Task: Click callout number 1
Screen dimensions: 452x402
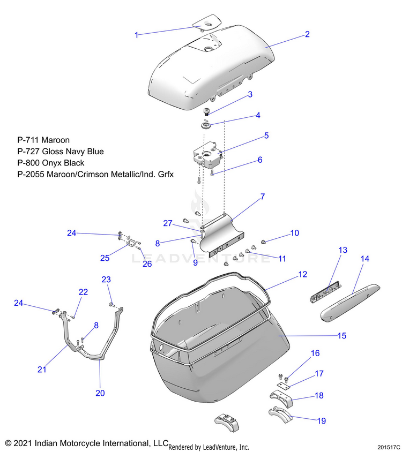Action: (137, 35)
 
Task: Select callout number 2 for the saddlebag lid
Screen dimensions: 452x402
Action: (307, 34)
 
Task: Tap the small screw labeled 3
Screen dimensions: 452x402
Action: (206, 112)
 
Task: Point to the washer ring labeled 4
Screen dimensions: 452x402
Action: (206, 126)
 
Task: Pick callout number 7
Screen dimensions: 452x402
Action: (263, 197)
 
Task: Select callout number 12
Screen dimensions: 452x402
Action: (303, 274)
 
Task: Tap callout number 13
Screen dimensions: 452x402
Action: (343, 250)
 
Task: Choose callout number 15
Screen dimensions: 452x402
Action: (341, 336)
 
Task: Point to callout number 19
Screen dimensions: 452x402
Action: (322, 421)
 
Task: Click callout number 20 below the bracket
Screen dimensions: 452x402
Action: (100, 393)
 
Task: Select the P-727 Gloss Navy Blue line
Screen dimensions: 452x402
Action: (61, 152)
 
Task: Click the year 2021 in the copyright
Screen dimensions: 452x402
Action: (24, 443)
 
